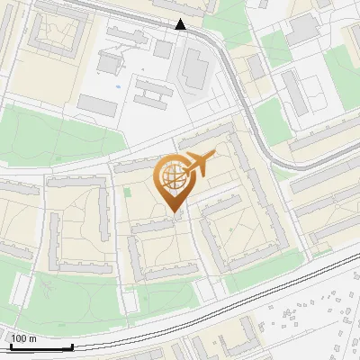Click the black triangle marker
coord(181,24)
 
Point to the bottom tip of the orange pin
coord(174,212)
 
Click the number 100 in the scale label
coord(19,338)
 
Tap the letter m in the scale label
coord(33,338)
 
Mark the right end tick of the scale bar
coord(72,346)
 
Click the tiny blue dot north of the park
coord(117,87)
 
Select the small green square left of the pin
coord(127,191)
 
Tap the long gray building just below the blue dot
coord(97,105)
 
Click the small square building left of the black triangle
coord(162,48)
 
